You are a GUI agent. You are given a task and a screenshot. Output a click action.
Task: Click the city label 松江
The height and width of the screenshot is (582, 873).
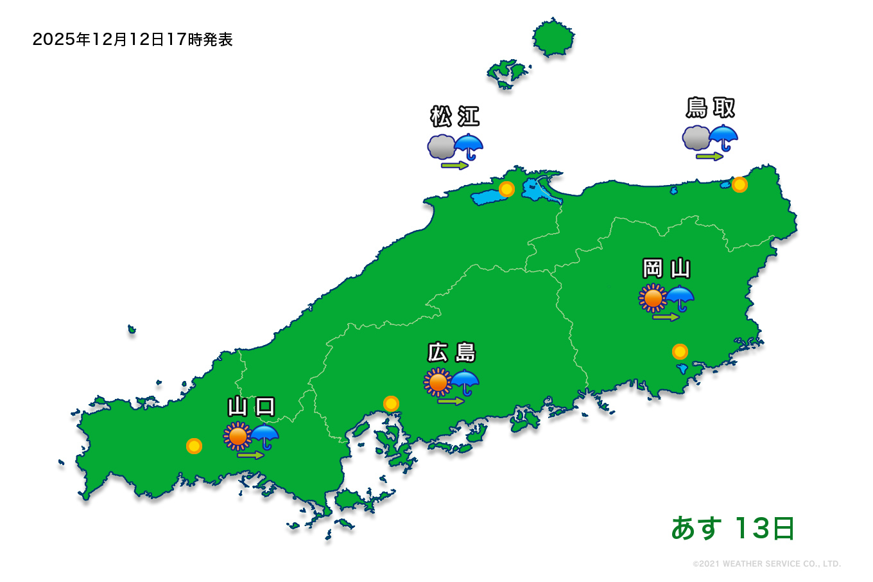point(454,117)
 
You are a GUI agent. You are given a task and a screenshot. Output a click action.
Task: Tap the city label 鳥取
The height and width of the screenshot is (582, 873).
point(710,108)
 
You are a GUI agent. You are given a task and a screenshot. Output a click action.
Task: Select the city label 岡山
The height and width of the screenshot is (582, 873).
point(666,268)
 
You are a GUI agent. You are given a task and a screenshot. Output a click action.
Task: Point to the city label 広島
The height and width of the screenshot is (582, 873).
point(451,353)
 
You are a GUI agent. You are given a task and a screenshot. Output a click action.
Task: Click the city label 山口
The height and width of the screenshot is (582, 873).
point(251,407)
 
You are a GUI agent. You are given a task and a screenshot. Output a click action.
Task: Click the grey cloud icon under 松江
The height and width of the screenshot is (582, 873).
point(442,147)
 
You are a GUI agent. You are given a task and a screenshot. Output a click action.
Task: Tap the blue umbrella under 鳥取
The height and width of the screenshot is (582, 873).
point(723,137)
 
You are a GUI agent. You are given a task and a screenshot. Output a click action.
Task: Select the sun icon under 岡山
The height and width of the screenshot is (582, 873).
point(653,298)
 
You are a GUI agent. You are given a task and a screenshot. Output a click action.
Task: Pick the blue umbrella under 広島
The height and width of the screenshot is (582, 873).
point(465,383)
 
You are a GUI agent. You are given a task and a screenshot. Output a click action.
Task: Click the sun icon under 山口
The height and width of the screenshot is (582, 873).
point(238,436)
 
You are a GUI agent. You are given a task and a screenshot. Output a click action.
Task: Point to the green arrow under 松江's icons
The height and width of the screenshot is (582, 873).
point(454,166)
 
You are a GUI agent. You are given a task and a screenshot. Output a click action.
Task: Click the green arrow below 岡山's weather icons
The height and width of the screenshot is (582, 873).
point(666,317)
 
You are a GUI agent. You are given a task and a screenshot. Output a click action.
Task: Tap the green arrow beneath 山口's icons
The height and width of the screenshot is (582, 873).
point(250,455)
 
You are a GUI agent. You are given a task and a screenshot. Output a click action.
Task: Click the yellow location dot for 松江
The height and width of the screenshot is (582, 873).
point(506,190)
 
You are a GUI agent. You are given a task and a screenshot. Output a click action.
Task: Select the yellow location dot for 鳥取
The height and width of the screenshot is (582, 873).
point(739,185)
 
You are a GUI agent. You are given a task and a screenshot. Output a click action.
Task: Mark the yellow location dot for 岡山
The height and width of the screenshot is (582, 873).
point(680,352)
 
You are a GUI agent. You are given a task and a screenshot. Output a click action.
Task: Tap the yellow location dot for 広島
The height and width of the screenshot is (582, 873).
point(391,404)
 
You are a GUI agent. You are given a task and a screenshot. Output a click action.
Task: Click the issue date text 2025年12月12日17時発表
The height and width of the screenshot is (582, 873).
point(132,40)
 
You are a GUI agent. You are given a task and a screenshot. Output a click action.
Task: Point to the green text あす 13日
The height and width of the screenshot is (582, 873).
point(732,529)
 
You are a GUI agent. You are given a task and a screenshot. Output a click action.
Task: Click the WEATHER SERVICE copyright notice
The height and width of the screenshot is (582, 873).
point(766,564)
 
